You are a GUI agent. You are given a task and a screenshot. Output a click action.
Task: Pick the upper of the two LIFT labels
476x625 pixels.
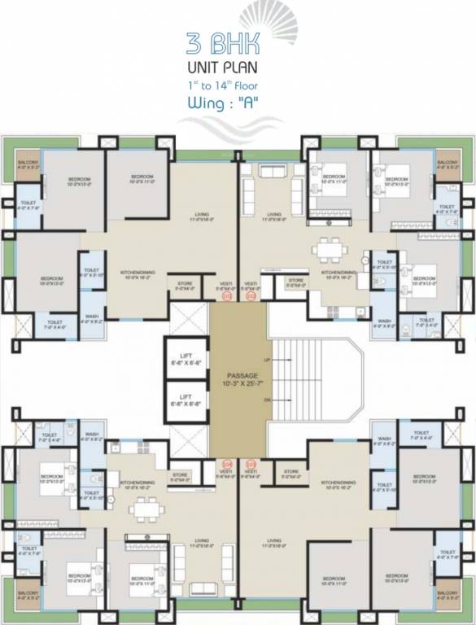[x=185, y=359]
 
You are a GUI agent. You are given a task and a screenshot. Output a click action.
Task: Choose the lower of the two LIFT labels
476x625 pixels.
[x=185, y=399]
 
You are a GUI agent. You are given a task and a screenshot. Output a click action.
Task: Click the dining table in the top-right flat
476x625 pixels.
[x=331, y=246]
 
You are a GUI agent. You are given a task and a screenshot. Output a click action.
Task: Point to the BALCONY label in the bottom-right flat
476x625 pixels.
[x=448, y=595]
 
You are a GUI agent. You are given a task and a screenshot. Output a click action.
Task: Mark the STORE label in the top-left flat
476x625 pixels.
[x=185, y=285]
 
